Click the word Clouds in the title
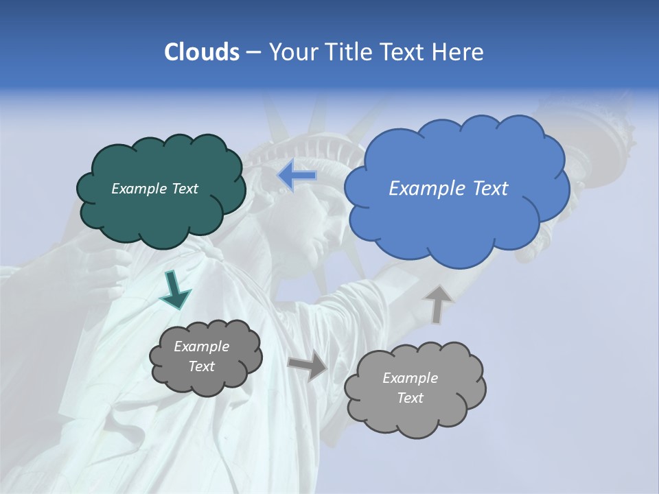click(x=201, y=52)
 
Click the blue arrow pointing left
click(x=297, y=176)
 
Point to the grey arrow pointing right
click(x=308, y=365)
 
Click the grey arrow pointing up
click(x=439, y=304)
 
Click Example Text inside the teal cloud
click(x=154, y=189)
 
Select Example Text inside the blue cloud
click(x=448, y=189)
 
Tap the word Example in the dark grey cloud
click(x=201, y=346)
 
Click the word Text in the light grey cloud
click(x=410, y=398)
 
